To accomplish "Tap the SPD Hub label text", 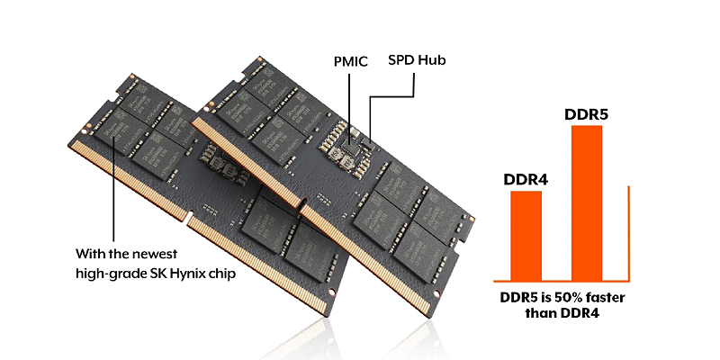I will coord(417,61).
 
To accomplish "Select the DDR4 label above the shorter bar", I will coord(526,180).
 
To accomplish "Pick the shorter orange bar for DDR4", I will coord(526,235).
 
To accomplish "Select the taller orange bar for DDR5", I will coord(587,202).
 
